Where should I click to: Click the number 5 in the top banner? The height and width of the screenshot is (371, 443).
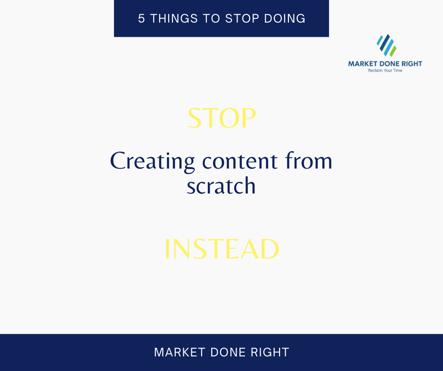(141, 19)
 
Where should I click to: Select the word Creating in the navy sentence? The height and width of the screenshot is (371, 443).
(152, 161)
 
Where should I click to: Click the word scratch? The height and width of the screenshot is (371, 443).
(221, 186)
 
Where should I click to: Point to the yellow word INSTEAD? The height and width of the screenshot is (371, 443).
(221, 250)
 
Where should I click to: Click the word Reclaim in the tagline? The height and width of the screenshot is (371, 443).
(376, 71)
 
